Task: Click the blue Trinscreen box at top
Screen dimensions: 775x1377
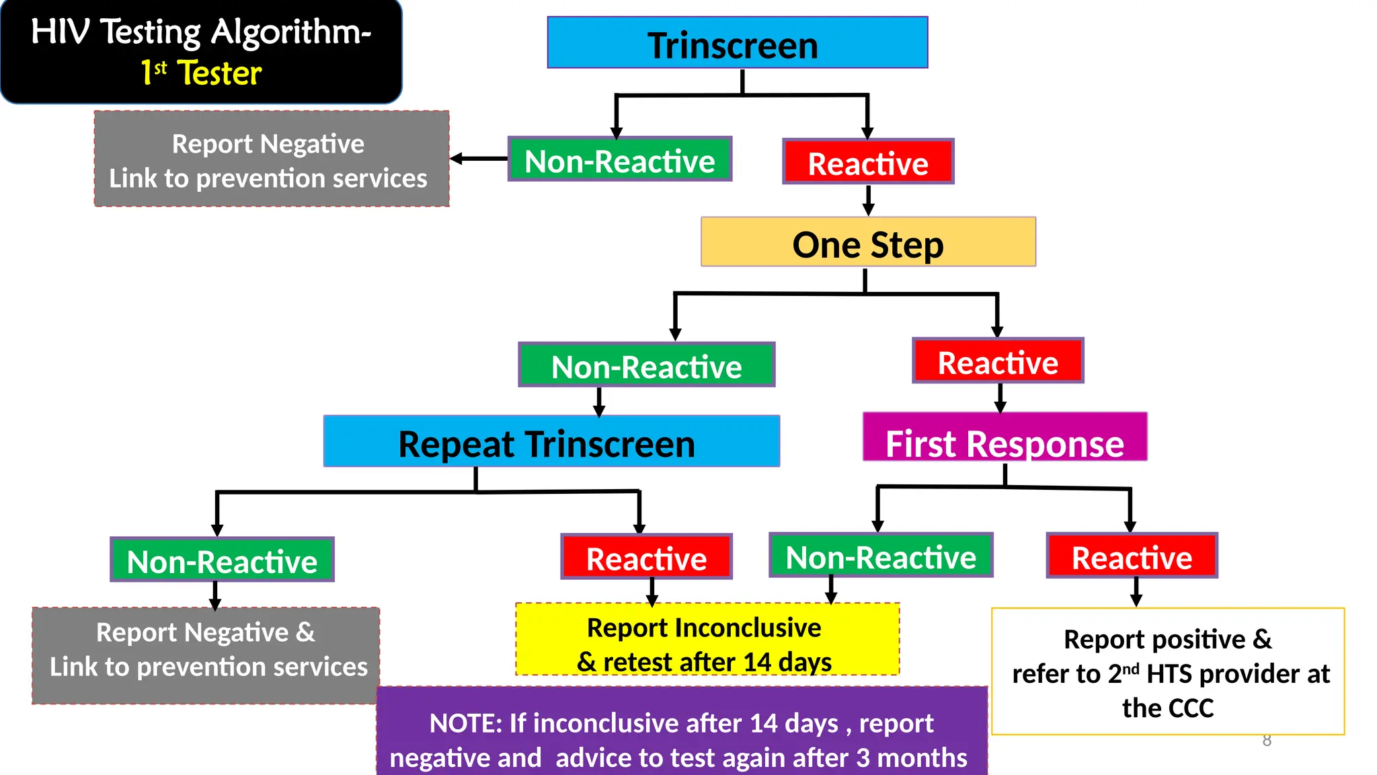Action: (737, 43)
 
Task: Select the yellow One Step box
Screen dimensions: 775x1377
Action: (867, 242)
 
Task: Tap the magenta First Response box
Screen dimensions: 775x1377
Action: (1005, 437)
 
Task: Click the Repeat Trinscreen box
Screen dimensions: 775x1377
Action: (551, 441)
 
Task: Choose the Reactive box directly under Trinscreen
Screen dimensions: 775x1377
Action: (867, 161)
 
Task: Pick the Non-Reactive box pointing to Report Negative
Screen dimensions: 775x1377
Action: (619, 159)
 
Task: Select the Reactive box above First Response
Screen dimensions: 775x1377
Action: (998, 361)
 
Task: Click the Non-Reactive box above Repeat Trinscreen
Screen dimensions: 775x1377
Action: (646, 365)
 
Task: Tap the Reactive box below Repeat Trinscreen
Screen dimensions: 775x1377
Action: (646, 557)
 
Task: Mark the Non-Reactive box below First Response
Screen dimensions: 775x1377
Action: (880, 556)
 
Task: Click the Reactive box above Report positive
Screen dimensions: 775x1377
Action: (1132, 556)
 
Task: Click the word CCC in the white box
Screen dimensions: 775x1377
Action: (1191, 708)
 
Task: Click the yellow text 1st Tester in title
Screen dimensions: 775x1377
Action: (201, 73)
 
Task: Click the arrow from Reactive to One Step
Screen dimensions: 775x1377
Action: (868, 200)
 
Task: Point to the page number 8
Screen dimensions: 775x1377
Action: (1267, 741)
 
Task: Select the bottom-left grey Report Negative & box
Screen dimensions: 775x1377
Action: (206, 655)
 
